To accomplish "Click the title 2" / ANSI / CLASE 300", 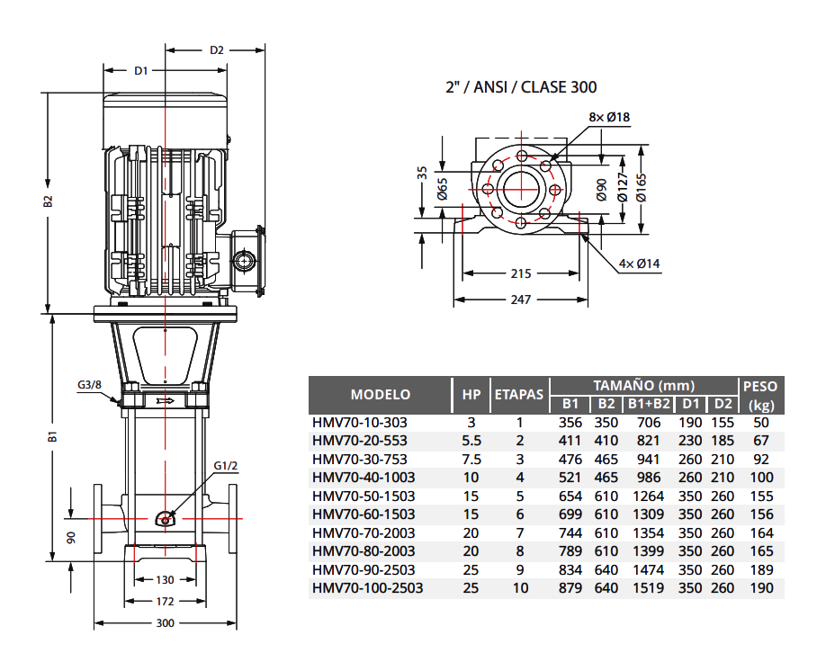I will [521, 87].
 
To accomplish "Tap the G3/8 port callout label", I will [91, 384].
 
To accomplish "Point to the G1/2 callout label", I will [226, 465].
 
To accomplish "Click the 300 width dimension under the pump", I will [165, 622].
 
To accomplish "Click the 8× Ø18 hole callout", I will [609, 117].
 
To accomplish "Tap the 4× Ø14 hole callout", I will [640, 264].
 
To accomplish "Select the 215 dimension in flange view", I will [521, 273].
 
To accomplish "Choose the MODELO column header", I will [380, 394].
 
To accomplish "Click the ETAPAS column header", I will [519, 394].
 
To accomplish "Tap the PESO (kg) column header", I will [761, 395].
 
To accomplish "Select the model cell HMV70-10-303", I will [359, 422].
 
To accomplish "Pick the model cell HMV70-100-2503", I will [367, 588].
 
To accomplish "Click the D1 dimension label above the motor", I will [140, 70].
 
